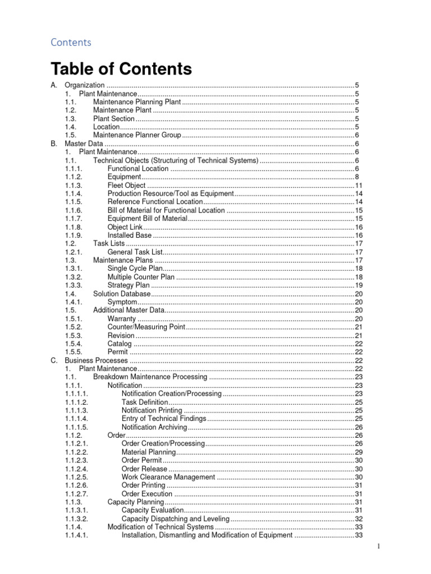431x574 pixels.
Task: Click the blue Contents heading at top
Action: (x=71, y=42)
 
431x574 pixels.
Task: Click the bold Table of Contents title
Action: (x=121, y=69)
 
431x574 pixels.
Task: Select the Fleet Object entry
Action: (x=126, y=185)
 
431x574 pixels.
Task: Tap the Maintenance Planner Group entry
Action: (x=137, y=135)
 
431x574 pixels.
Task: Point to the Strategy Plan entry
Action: (x=129, y=285)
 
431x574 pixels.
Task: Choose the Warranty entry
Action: (x=121, y=318)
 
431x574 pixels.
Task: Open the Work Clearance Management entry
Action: (x=168, y=477)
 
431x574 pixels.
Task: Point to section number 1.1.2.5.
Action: (x=77, y=477)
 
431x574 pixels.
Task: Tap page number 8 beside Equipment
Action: (x=357, y=177)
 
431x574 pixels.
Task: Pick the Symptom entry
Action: (x=122, y=302)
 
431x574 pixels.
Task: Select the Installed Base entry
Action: (x=129, y=235)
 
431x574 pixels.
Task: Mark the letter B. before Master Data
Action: (x=54, y=143)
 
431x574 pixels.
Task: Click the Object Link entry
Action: (x=125, y=227)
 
